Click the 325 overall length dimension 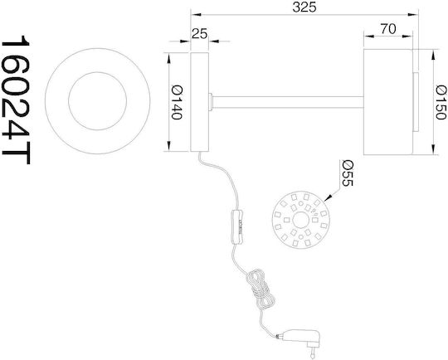point(304,7)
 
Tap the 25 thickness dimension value point(199,34)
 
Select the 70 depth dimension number point(388,29)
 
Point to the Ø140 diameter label point(177,103)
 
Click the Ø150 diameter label point(441,102)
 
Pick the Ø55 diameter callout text point(348,173)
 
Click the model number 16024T point(16,100)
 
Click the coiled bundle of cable point(260,289)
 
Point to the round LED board point(300,220)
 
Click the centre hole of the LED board point(300,220)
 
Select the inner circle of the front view point(97,101)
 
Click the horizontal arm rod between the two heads point(288,102)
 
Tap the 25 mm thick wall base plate point(199,102)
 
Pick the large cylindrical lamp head point(388,102)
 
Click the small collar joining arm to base point(211,102)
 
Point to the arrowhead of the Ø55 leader point(329,197)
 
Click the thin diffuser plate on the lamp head point(416,102)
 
